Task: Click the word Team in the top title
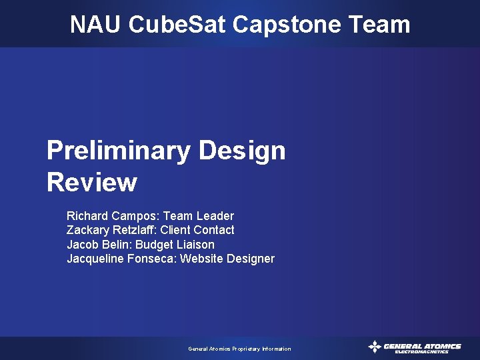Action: coord(379,25)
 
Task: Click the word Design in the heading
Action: coord(242,151)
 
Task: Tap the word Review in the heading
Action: coord(92,182)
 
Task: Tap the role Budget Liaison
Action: coord(175,245)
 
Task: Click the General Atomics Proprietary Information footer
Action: coord(239,349)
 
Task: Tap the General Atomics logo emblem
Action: coord(375,347)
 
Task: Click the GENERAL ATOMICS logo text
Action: coord(422,346)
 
